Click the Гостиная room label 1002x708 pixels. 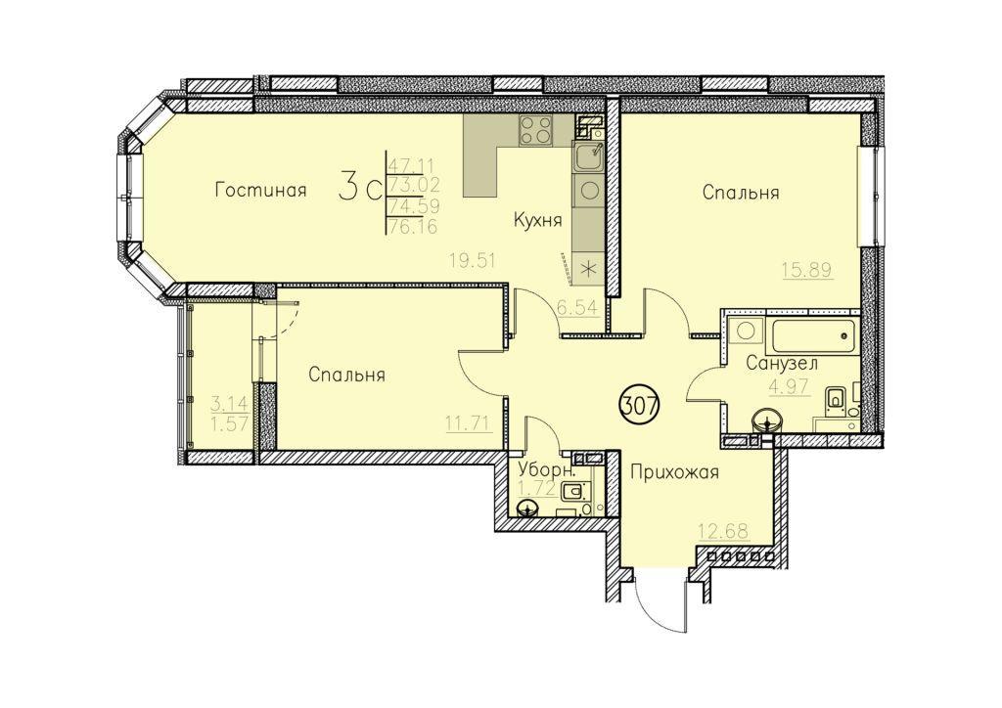[x=260, y=191]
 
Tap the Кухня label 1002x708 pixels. [x=537, y=221]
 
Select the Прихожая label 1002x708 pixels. [x=674, y=472]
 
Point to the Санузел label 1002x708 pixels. [x=782, y=364]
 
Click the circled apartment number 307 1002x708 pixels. [x=640, y=405]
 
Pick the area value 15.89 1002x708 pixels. [x=808, y=269]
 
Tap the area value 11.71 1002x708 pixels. [x=469, y=422]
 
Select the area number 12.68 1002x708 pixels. [x=723, y=531]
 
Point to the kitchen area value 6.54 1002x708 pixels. [x=577, y=308]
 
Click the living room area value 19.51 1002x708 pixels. [x=473, y=260]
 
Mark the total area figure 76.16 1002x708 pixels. [x=414, y=227]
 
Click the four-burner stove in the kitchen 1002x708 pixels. [x=535, y=130]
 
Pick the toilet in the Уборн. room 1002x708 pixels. [x=573, y=494]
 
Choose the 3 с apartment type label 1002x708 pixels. [x=360, y=188]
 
